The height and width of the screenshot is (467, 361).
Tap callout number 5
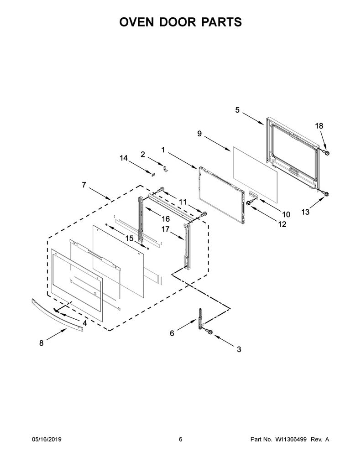tap(237, 110)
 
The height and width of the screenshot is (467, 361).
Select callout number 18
tap(319, 126)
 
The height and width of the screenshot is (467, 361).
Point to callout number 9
tap(199, 134)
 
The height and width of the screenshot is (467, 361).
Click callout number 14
tap(124, 158)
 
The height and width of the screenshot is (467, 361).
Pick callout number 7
tap(84, 185)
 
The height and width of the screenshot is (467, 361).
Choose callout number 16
tap(166, 219)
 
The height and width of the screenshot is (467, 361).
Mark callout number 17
tap(166, 229)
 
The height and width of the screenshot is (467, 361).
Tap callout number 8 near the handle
tap(42, 343)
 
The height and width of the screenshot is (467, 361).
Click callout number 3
tap(239, 349)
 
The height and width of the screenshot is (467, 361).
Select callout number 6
tap(172, 333)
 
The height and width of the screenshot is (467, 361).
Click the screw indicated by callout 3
tap(209, 331)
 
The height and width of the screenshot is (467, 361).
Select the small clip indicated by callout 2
tap(166, 168)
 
